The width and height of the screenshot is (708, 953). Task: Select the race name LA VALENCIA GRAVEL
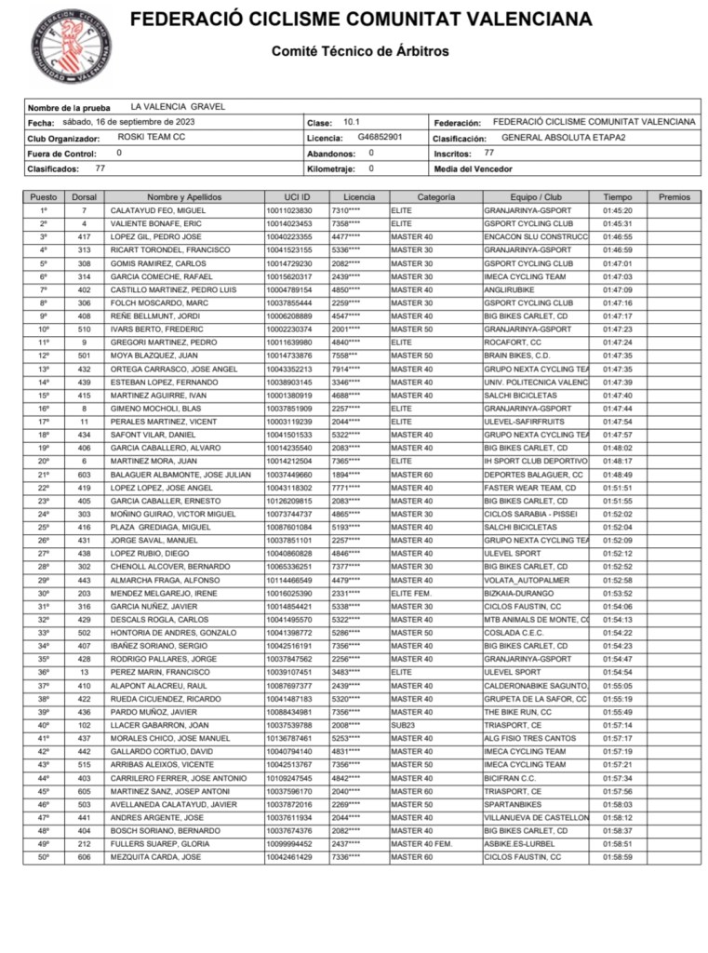[x=178, y=107]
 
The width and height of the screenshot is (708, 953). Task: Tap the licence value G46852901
[x=380, y=137]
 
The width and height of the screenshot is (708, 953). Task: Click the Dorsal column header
[x=84, y=197]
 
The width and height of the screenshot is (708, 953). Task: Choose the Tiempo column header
[x=617, y=197]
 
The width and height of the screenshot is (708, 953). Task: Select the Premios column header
[x=674, y=197]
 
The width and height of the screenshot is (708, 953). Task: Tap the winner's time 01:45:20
[x=617, y=211]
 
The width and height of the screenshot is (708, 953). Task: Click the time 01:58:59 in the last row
[x=617, y=856]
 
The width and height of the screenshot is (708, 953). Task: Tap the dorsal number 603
[x=84, y=475]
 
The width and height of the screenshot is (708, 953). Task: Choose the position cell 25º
[x=44, y=528]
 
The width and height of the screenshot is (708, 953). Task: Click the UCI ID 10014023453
[x=289, y=224]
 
